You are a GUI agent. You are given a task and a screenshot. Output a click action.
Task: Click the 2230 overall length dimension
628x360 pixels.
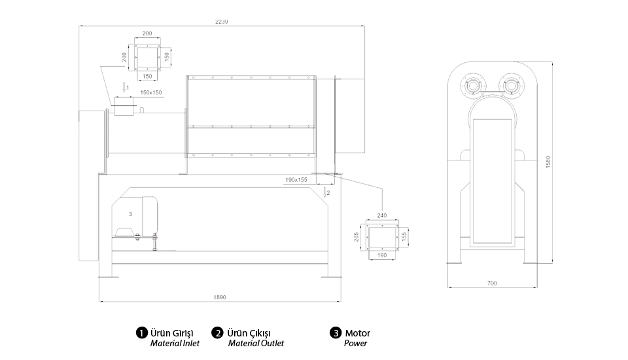(x=222, y=22)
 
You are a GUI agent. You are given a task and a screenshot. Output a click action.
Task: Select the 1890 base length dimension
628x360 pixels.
(x=220, y=297)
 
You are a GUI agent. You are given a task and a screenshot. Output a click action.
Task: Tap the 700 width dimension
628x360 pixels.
(x=492, y=283)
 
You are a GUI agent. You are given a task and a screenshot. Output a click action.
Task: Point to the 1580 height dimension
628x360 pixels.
(x=549, y=161)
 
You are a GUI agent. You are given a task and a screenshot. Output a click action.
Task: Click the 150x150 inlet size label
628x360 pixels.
(x=151, y=92)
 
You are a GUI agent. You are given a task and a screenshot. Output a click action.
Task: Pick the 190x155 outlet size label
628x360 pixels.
(x=296, y=179)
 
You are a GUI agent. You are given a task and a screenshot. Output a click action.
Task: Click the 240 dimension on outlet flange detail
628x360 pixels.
(x=382, y=214)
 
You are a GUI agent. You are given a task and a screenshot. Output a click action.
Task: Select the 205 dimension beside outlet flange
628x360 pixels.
(x=357, y=236)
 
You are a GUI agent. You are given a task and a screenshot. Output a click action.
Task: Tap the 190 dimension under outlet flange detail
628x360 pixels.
(x=382, y=256)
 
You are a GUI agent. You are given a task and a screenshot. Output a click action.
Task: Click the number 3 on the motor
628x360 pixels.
(x=130, y=213)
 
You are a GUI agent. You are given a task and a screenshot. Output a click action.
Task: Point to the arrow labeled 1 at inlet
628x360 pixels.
(x=124, y=87)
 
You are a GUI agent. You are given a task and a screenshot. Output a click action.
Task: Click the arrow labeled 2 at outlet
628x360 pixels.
(x=326, y=192)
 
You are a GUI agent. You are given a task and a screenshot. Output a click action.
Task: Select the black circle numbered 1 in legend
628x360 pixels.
(x=141, y=333)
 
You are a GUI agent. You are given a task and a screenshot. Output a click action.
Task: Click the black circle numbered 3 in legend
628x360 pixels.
(x=336, y=333)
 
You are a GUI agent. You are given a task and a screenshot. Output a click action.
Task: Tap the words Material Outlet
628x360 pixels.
(x=256, y=343)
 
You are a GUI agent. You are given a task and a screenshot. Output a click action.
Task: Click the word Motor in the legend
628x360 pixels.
(x=357, y=333)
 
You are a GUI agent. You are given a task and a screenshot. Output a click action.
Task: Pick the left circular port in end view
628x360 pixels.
(x=472, y=86)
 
